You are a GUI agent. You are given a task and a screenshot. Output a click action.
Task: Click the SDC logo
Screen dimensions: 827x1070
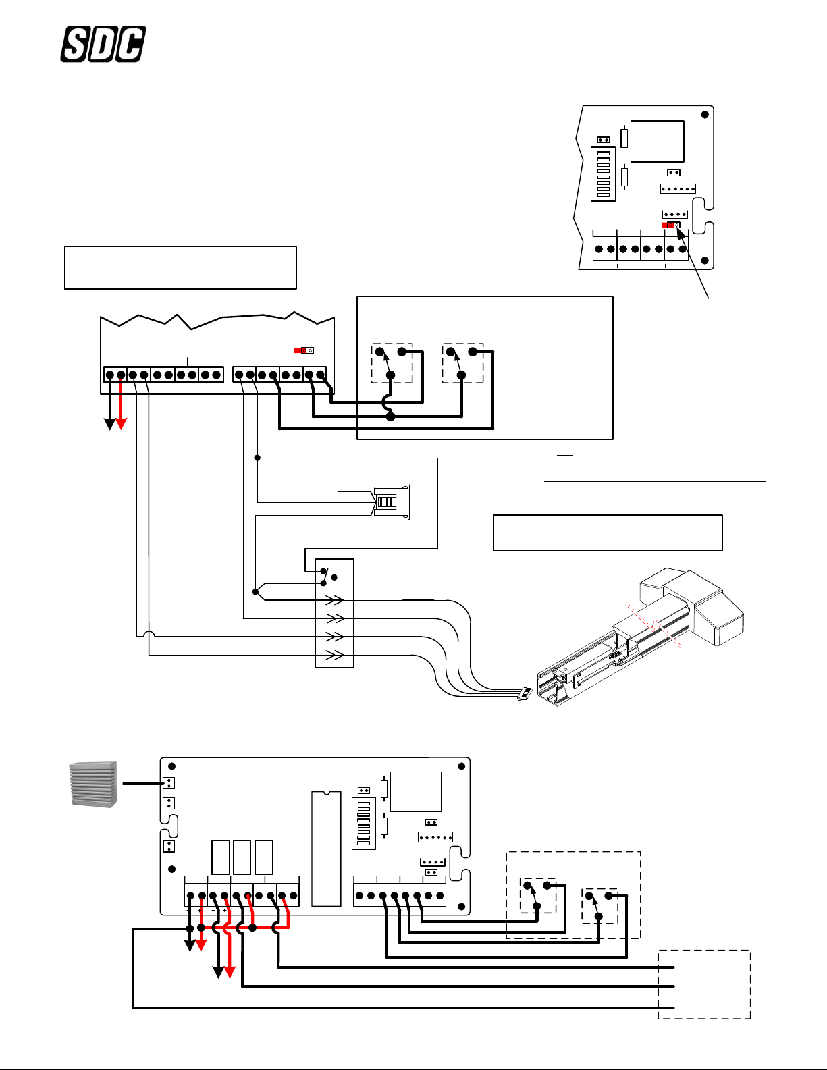click(x=103, y=44)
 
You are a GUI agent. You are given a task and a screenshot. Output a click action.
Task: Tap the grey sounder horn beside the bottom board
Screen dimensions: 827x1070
click(x=94, y=784)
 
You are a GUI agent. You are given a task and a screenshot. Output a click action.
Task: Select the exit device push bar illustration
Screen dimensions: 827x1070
click(x=641, y=637)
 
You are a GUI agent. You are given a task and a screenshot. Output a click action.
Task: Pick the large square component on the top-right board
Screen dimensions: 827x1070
click(x=657, y=141)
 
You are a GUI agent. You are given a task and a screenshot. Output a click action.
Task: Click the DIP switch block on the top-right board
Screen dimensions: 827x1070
click(x=603, y=173)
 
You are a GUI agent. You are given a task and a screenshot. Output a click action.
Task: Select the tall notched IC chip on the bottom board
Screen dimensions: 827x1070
click(x=326, y=849)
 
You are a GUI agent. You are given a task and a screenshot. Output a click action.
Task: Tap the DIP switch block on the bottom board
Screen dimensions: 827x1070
click(x=364, y=824)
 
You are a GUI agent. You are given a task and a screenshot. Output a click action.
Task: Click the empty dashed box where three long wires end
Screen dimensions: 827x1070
click(x=704, y=985)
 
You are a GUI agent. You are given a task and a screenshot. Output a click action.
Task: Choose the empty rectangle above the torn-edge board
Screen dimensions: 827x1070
click(x=180, y=268)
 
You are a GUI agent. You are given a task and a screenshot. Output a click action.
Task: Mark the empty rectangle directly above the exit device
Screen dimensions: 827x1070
click(x=608, y=533)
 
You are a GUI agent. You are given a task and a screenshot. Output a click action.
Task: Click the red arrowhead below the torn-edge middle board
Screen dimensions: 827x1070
click(x=121, y=423)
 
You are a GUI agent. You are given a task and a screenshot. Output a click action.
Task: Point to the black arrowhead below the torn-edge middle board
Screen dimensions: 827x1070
click(x=110, y=423)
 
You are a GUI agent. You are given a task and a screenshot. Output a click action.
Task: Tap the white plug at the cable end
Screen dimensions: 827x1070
click(x=525, y=694)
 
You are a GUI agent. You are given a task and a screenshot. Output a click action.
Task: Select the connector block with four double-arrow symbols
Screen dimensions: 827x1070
click(x=335, y=613)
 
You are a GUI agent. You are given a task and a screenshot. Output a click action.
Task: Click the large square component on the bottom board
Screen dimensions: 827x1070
click(x=415, y=792)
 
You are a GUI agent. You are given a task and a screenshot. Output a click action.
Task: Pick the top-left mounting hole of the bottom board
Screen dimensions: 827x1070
click(x=172, y=766)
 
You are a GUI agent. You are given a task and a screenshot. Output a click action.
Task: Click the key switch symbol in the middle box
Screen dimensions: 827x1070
click(x=392, y=502)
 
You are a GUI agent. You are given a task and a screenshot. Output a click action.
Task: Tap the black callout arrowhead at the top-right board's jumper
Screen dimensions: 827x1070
click(x=681, y=234)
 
